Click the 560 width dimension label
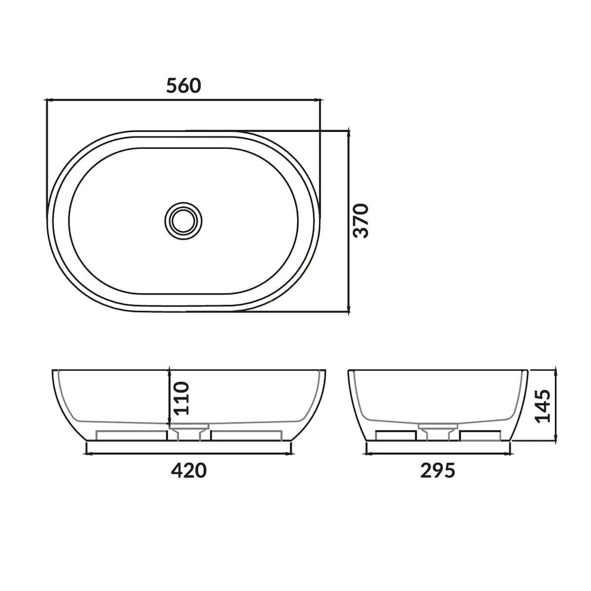[x=184, y=86]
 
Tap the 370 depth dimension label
[x=361, y=220]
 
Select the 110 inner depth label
[x=181, y=397]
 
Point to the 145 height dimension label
[x=542, y=406]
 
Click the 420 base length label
[x=189, y=470]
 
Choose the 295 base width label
[x=438, y=470]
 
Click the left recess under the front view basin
[x=131, y=435]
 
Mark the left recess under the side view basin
[x=395, y=435]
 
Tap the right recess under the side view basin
[x=481, y=435]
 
